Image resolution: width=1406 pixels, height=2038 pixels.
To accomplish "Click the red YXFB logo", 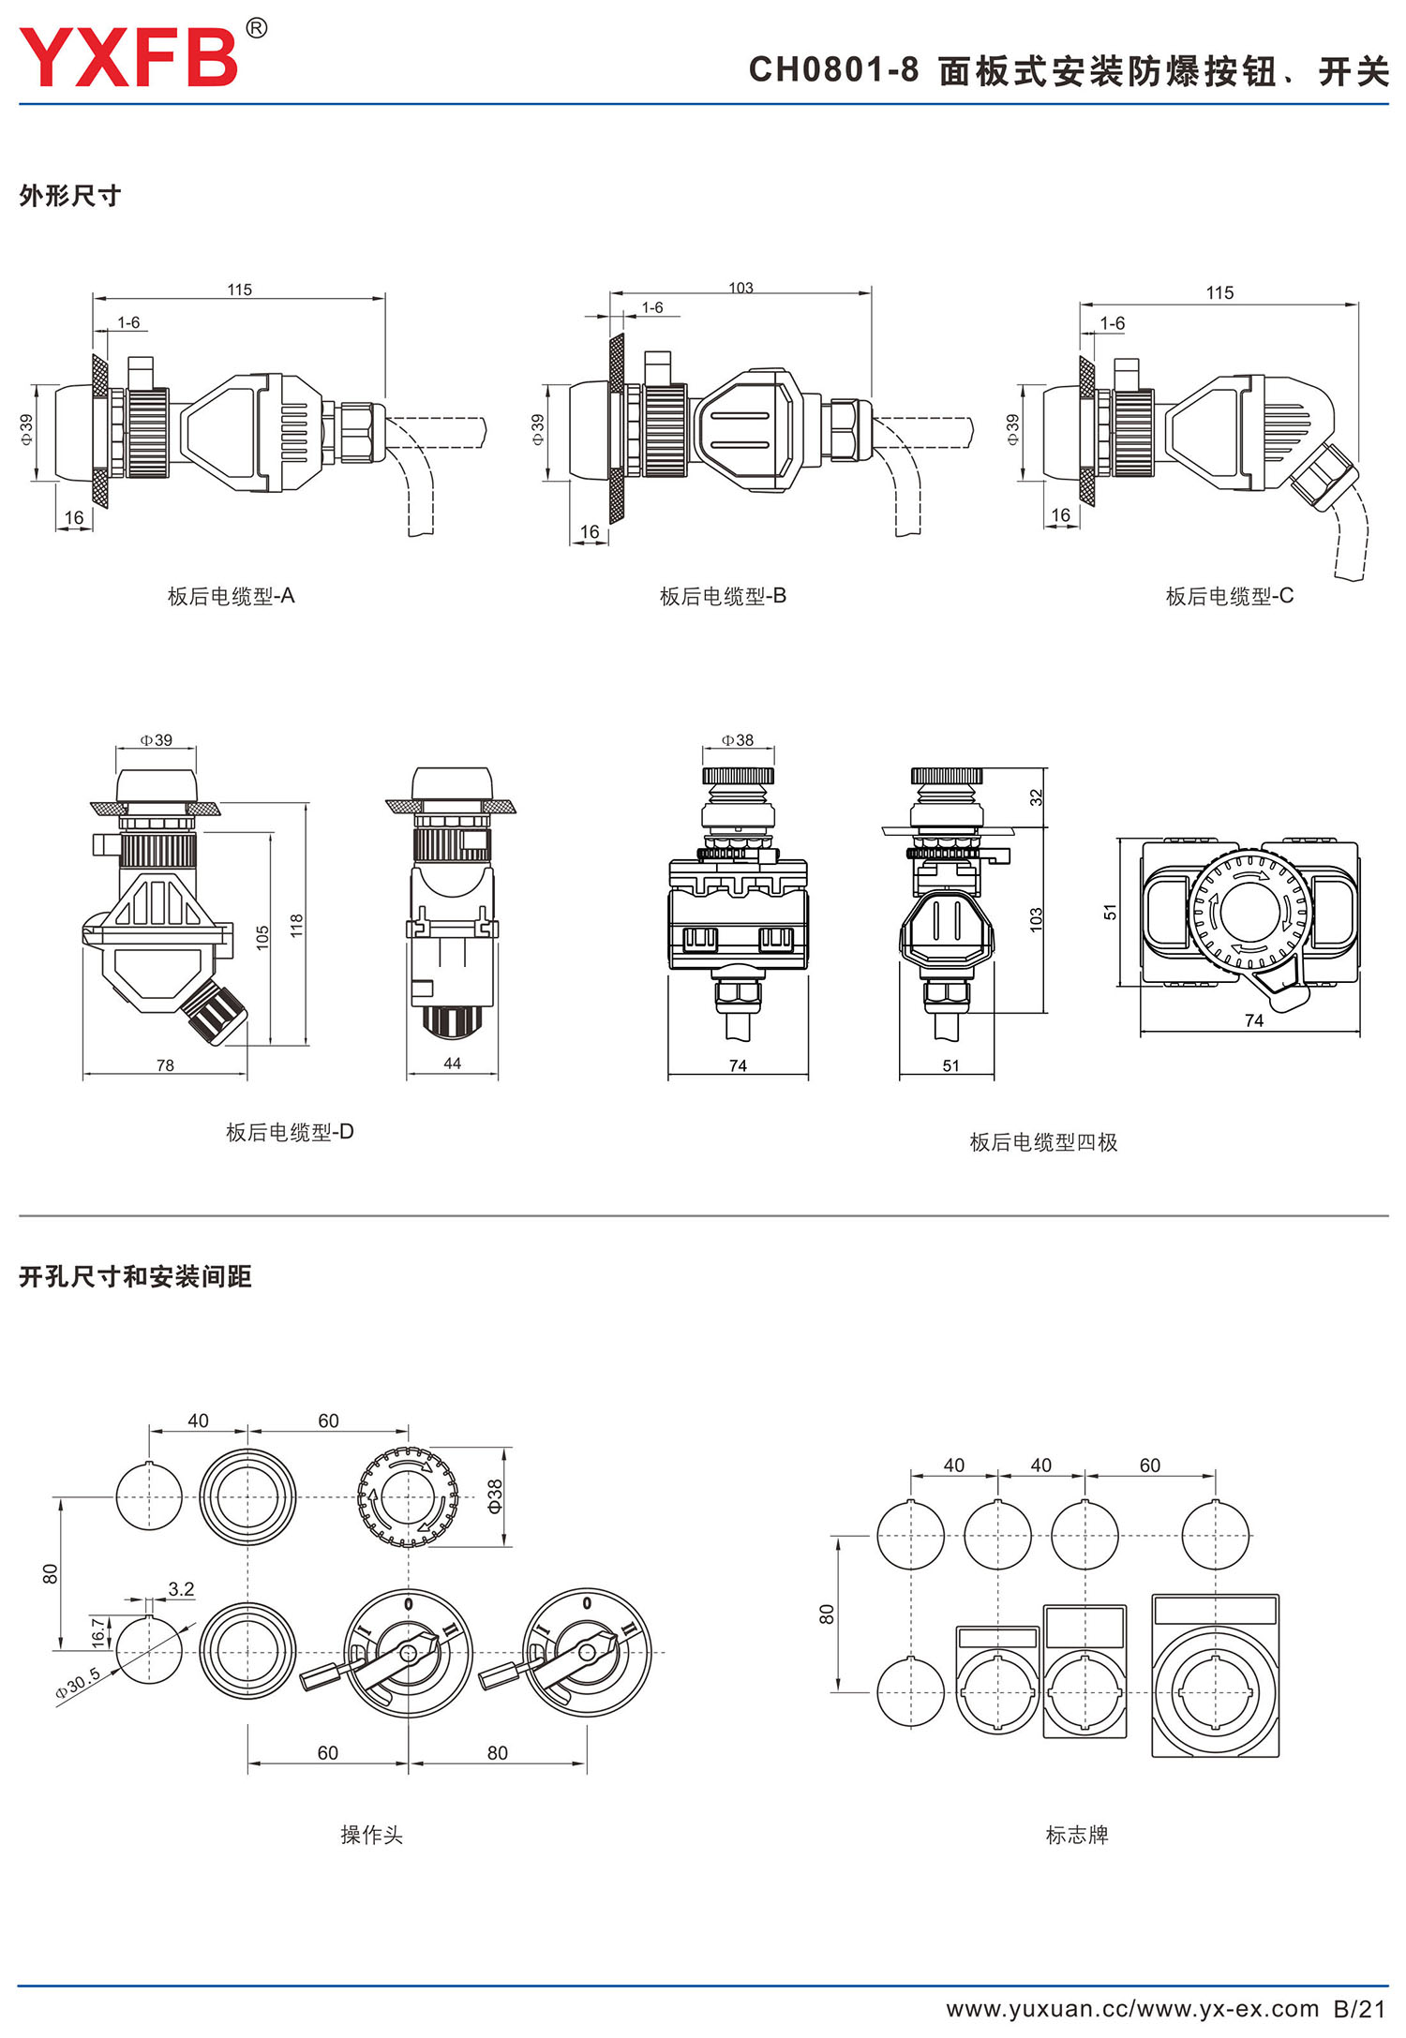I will coord(129,56).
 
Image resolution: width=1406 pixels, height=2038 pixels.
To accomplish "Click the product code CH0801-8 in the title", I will coord(833,70).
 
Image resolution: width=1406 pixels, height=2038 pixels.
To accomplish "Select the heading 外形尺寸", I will coord(70,196).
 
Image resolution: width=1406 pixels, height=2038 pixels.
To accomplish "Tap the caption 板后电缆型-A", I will coord(231,596).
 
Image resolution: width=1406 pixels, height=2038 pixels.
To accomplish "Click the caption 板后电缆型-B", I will coord(723,596).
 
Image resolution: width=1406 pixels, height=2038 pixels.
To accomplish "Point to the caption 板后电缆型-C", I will coord(1229,596).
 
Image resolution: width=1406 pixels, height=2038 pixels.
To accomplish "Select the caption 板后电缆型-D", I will coord(290,1132).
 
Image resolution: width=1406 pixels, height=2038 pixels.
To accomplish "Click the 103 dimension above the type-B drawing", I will coord(740,288).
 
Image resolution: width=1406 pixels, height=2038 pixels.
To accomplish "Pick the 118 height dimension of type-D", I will coord(297,925).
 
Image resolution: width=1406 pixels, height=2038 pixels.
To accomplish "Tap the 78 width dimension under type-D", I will coord(165,1065).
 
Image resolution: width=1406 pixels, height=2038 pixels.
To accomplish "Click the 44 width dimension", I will coord(452,1064).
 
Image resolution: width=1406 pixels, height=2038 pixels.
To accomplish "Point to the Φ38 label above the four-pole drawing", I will coord(738,740).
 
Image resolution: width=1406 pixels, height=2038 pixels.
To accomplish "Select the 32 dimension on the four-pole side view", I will coord(1036,796).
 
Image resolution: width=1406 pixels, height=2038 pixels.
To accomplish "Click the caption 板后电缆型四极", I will coord(1043,1142).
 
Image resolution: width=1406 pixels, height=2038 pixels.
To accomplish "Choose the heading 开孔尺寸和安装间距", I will coord(135,1276).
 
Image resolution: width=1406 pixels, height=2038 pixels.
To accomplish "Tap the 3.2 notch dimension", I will coord(181,1589).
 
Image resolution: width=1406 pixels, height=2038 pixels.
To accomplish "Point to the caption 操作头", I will coord(371,1835).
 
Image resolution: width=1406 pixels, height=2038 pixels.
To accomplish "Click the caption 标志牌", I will coord(1077,1835).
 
